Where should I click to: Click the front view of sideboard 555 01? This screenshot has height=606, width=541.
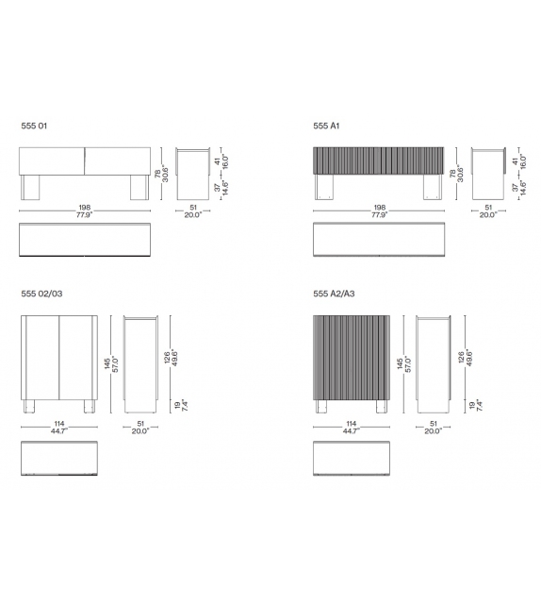tap(85, 161)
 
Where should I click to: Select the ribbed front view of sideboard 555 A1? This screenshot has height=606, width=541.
tap(377, 161)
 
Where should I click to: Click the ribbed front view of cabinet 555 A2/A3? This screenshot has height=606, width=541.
tap(351, 357)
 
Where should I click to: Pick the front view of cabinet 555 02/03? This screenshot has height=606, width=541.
tap(58, 357)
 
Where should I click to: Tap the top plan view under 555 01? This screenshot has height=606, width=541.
tap(85, 240)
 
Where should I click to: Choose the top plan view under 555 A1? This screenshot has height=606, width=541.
tap(377, 240)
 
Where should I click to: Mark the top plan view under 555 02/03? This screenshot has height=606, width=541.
tap(58, 459)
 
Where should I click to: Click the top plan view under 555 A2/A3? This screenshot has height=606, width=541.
tap(351, 459)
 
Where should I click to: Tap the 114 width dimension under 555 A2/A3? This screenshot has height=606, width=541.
tap(351, 422)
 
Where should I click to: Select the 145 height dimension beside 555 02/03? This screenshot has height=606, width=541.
tap(111, 362)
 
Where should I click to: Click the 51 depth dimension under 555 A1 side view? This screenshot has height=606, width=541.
tap(487, 209)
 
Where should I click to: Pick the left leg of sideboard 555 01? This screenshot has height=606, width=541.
tap(32, 189)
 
